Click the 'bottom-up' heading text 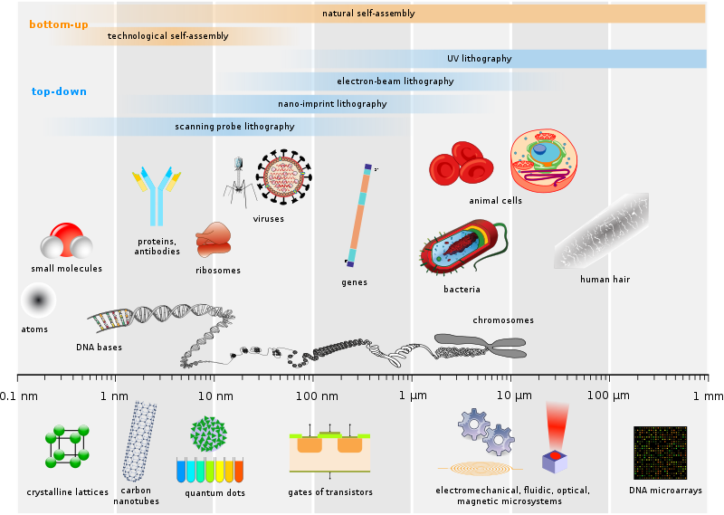coord(59,24)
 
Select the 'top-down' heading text coord(59,91)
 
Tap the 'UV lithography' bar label coord(479,59)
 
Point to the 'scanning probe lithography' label coord(234,127)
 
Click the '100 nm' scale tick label coord(317,396)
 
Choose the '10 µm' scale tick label coord(513,396)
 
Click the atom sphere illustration coord(38,300)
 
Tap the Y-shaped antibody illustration coord(157,195)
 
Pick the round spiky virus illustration coord(283,176)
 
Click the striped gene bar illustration coord(358,215)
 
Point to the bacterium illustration coord(460,248)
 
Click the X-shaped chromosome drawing coord(480,345)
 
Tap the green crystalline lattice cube coord(67,445)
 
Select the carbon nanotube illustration coord(138,442)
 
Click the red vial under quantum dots coord(239,470)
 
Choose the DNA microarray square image coord(660,453)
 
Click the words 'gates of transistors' coord(329,492)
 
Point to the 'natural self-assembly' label coord(368,14)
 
